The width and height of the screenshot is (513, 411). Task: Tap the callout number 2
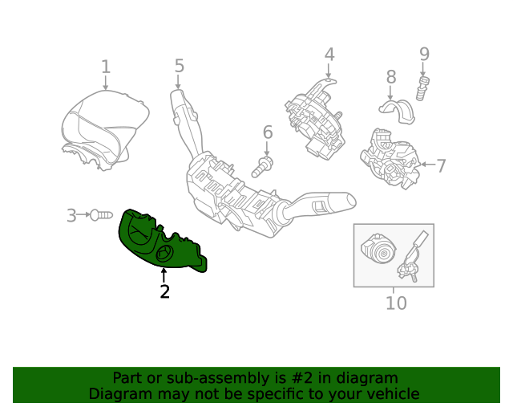tap(164, 291)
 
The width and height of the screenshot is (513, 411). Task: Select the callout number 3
tap(71, 215)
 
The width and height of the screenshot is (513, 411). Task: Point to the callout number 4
tap(329, 55)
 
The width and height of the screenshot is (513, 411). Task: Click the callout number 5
tap(179, 66)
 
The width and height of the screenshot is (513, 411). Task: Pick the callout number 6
tap(267, 132)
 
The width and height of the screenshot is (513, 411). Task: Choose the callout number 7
tap(440, 166)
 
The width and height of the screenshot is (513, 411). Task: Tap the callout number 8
tap(391, 77)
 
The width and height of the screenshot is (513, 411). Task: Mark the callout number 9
tap(424, 55)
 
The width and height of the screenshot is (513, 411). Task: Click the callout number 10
tap(396, 303)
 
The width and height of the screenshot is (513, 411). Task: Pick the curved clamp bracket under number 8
tap(398, 111)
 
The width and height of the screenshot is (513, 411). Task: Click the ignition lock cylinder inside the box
tap(376, 252)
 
